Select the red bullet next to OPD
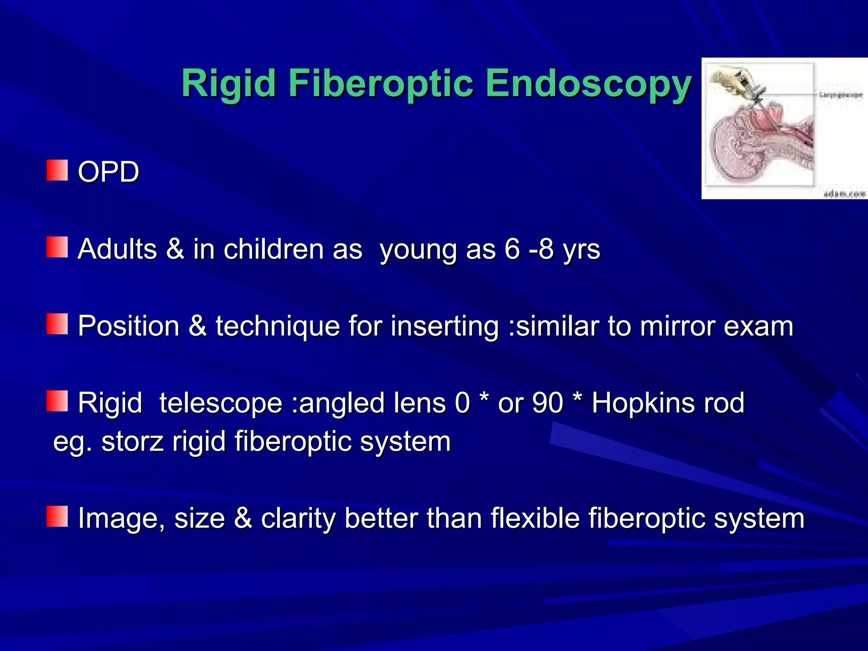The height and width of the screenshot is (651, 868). tap(57, 170)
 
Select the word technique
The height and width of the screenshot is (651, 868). tap(278, 327)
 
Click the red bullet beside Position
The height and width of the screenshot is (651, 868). tap(57, 324)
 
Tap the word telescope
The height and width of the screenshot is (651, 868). tap(220, 403)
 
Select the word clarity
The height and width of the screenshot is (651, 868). tap(298, 519)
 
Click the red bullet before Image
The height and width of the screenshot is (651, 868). tap(57, 516)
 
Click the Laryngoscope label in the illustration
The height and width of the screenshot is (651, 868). tap(840, 95)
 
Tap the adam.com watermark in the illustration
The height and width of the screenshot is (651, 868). tap(843, 194)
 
